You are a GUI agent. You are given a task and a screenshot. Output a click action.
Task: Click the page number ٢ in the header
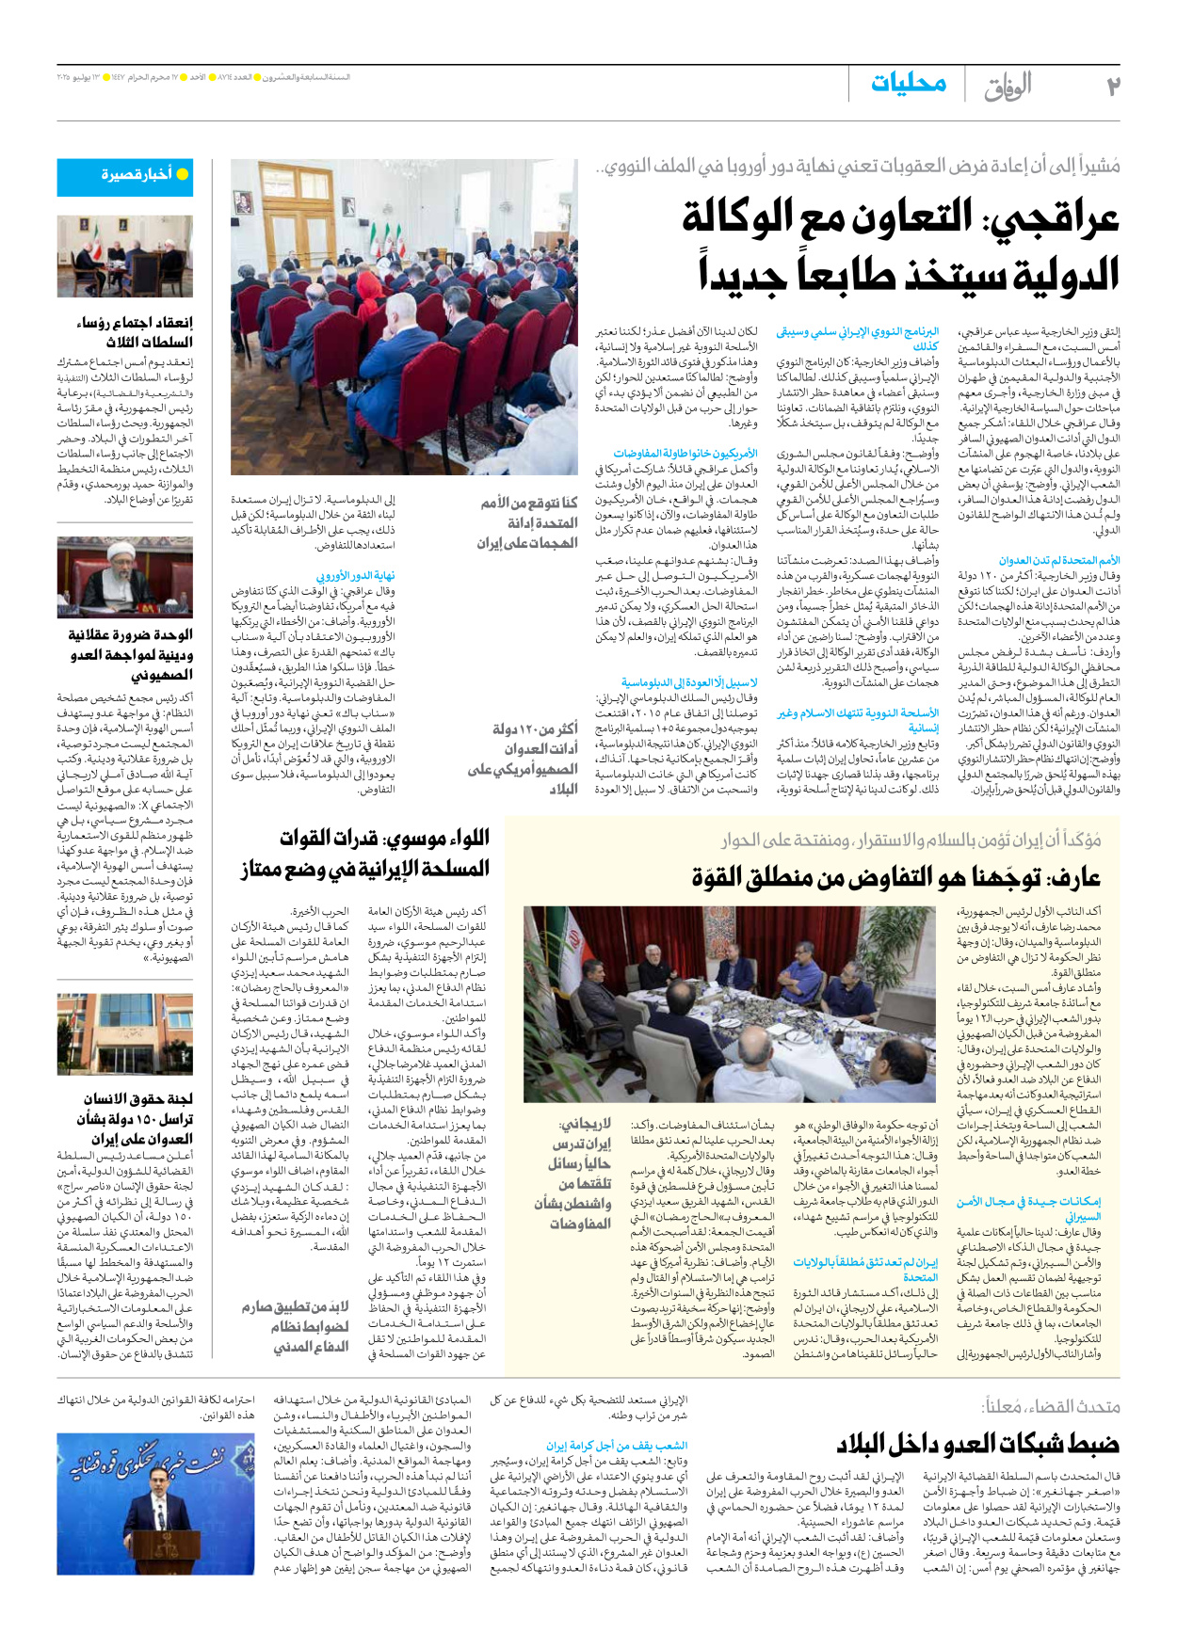pyautogui.click(x=1111, y=87)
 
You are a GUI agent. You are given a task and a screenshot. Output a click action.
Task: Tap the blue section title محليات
pyautogui.click(x=908, y=84)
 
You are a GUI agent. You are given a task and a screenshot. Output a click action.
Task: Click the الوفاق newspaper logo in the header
pyautogui.click(x=1008, y=87)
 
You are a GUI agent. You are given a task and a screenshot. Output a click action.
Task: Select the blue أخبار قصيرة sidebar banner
pyautogui.click(x=125, y=176)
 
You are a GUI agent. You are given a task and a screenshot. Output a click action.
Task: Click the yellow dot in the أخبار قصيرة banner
pyautogui.click(x=183, y=174)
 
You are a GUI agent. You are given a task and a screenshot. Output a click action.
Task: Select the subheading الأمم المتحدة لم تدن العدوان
pyautogui.click(x=1059, y=561)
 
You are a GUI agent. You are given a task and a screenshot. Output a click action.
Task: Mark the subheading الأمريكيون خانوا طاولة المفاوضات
pyautogui.click(x=685, y=454)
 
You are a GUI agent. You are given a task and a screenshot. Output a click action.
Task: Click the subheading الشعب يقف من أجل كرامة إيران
pyautogui.click(x=617, y=1446)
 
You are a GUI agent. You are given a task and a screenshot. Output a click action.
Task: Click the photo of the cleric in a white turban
pyautogui.click(x=125, y=578)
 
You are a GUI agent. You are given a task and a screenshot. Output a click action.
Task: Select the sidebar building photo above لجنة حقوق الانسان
pyautogui.click(x=125, y=1032)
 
